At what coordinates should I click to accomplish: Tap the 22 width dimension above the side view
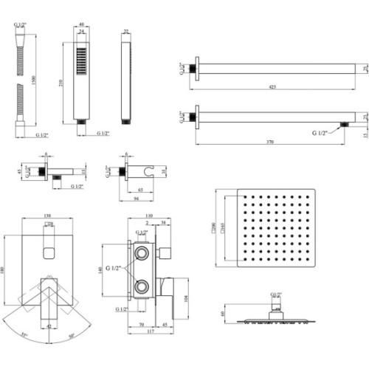coord(125,32)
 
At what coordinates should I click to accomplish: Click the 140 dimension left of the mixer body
coord(102,270)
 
